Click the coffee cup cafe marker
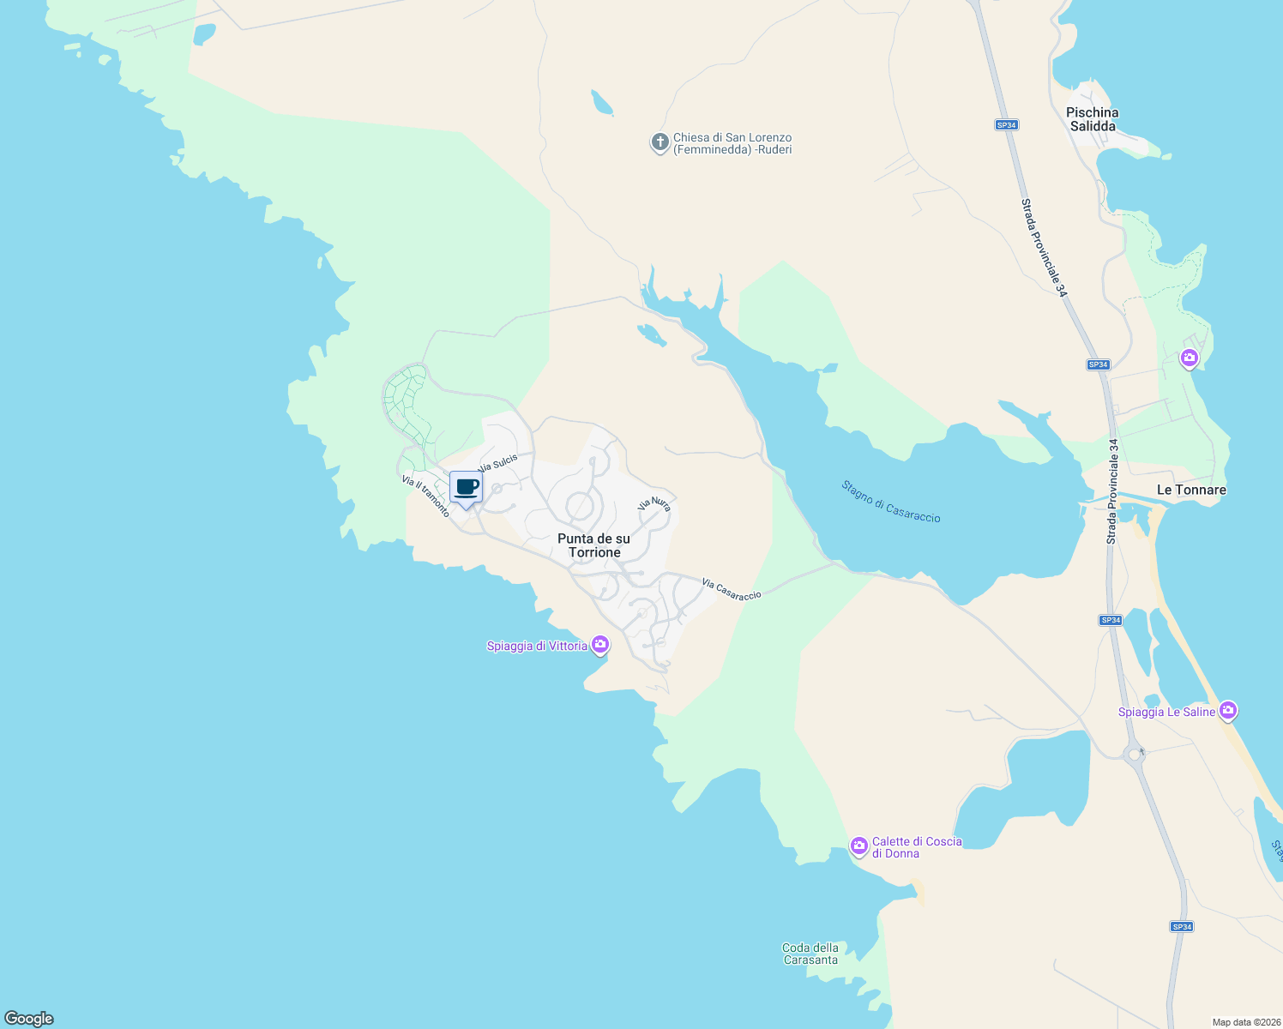tap(466, 487)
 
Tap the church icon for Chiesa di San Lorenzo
tap(660, 142)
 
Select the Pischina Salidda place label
tap(1092, 119)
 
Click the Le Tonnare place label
tap(1191, 490)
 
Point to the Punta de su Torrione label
tap(593, 545)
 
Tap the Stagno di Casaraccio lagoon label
tap(890, 502)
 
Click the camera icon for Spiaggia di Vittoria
tap(600, 644)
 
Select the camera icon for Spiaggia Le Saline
tap(1228, 710)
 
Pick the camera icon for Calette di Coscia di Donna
tap(858, 846)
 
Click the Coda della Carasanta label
tap(810, 954)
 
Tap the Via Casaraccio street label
tap(732, 589)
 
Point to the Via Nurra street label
tap(654, 504)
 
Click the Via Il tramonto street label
tap(425, 496)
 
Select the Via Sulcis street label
tap(498, 464)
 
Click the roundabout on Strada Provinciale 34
tap(1135, 755)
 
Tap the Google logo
tap(29, 1019)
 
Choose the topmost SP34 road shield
tap(1006, 125)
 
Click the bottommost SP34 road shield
tap(1182, 927)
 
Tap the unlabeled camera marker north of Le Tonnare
tap(1189, 358)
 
